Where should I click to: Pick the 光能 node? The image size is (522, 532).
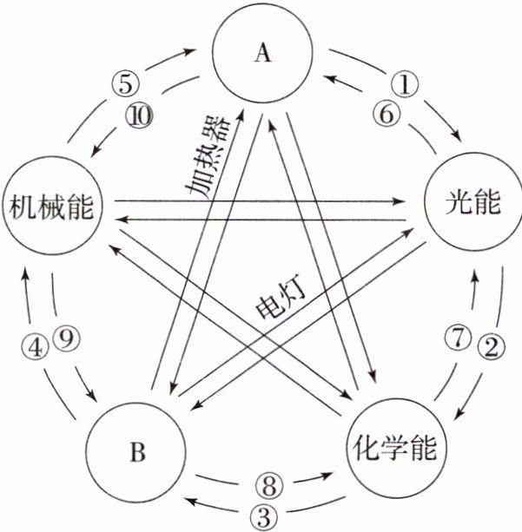pyautogui.click(x=472, y=203)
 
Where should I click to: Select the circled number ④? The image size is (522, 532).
pyautogui.click(x=33, y=347)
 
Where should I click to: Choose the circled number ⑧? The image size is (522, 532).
pyautogui.click(x=268, y=483)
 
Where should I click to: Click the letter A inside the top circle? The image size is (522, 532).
pyautogui.click(x=262, y=54)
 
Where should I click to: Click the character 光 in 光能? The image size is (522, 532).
pyautogui.click(x=458, y=203)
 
